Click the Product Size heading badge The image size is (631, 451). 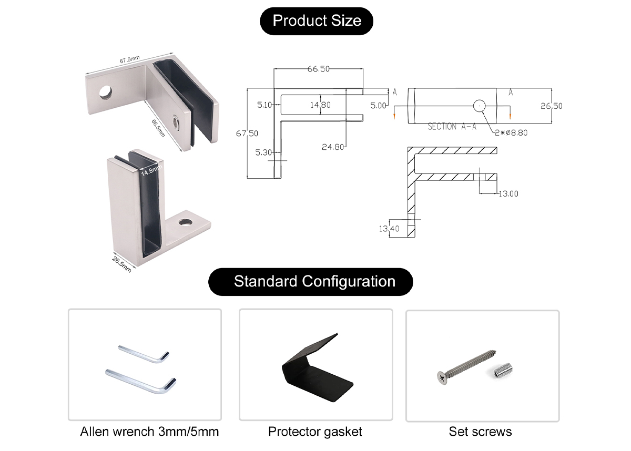(317, 21)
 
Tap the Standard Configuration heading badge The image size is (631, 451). (314, 281)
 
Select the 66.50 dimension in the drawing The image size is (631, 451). (318, 69)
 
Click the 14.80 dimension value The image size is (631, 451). (320, 105)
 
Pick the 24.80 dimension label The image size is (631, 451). (332, 147)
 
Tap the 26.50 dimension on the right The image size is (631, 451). (551, 106)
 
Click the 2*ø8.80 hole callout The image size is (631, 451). (510, 132)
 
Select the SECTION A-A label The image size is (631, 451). (452, 127)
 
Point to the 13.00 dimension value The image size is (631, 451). (508, 193)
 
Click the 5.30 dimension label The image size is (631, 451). (263, 153)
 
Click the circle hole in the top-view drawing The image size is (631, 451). (479, 106)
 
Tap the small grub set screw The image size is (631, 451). (503, 371)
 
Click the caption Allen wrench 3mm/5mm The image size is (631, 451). (149, 432)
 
